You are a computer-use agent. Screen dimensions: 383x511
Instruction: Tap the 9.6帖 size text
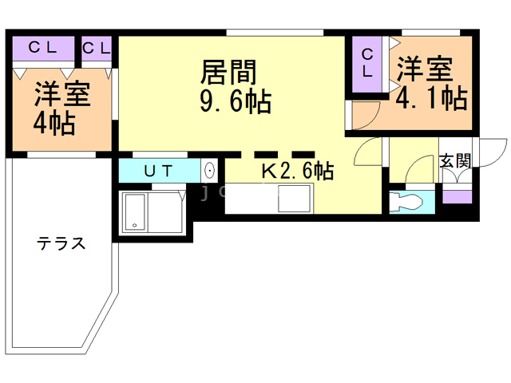(x=235, y=102)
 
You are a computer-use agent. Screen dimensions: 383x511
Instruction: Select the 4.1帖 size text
(x=431, y=98)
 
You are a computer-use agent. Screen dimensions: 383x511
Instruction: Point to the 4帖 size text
(x=54, y=124)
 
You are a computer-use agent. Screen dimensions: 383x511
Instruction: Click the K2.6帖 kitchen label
(x=298, y=170)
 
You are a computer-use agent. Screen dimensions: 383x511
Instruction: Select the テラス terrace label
(x=61, y=244)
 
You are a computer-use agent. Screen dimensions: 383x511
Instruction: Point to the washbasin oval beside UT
(x=209, y=170)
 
